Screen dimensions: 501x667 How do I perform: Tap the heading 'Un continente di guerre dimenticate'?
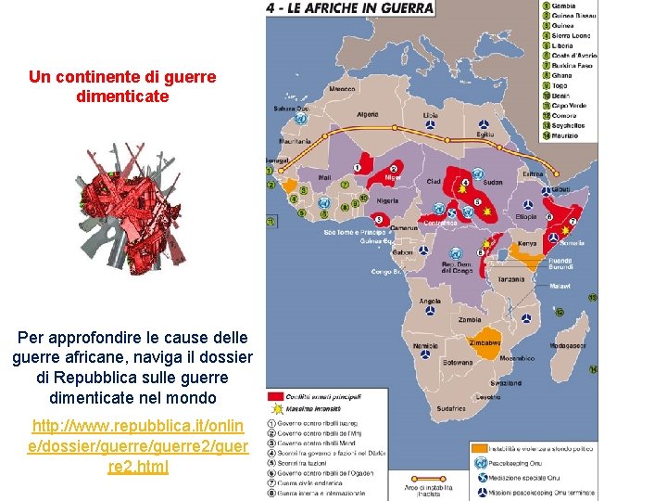pos(122,86)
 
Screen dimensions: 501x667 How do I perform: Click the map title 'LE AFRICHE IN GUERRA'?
pos(349,8)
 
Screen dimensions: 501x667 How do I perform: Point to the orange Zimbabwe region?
pos(485,342)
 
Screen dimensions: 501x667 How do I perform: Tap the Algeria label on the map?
pos(368,115)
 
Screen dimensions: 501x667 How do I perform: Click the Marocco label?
pos(341,89)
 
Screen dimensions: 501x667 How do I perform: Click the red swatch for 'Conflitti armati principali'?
pos(275,397)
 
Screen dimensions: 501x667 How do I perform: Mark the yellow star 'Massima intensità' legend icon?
pos(275,409)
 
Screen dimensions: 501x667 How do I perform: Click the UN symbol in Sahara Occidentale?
pos(300,119)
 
